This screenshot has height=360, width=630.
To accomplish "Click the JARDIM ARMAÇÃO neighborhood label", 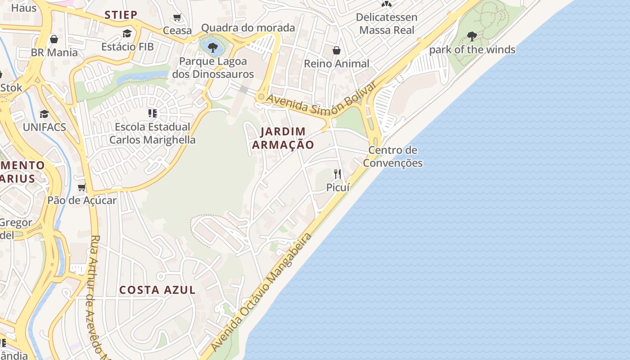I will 283,138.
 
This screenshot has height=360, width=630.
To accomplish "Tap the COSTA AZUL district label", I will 157,290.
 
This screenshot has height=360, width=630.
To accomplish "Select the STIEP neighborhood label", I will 121,15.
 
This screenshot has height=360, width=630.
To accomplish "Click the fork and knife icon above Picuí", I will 337,174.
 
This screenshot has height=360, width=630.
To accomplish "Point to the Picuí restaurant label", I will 337,187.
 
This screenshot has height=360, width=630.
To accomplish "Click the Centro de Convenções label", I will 393,156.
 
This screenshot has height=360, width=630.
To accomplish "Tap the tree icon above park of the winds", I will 472,36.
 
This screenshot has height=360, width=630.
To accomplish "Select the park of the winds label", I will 472,49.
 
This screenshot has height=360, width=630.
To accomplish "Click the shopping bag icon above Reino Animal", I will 336,50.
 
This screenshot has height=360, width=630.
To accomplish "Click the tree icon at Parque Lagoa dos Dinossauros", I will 213,47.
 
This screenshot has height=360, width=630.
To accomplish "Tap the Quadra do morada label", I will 248,28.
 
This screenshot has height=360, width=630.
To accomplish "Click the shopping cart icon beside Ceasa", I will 177,18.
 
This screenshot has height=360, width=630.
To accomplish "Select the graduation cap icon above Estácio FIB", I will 127,33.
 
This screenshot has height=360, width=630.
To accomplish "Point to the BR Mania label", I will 54,52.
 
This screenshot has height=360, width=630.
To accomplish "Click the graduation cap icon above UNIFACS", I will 44,114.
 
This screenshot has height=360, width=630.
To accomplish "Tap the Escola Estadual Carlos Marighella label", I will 153,133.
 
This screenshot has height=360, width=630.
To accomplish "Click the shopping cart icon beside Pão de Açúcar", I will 82,187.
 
